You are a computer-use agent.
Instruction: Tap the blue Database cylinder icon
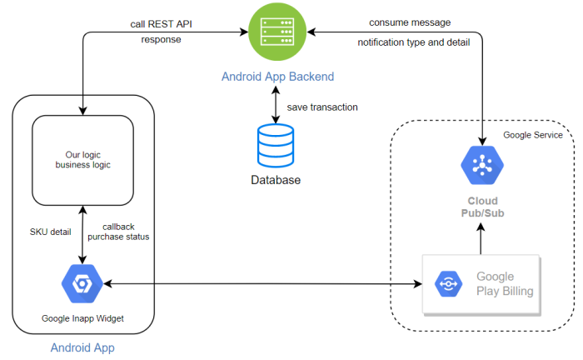point(276,146)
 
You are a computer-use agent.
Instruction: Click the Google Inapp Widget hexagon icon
point(82,285)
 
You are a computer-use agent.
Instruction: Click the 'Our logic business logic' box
point(82,159)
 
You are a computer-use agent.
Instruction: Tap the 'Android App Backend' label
point(277,77)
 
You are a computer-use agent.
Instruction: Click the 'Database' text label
point(276,180)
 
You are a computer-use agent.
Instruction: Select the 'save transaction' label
point(323,108)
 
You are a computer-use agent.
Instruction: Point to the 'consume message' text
point(410,22)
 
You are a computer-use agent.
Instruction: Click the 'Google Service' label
point(533,135)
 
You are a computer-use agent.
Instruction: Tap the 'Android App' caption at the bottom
point(82,347)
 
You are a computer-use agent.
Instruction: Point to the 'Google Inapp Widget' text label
point(82,318)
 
